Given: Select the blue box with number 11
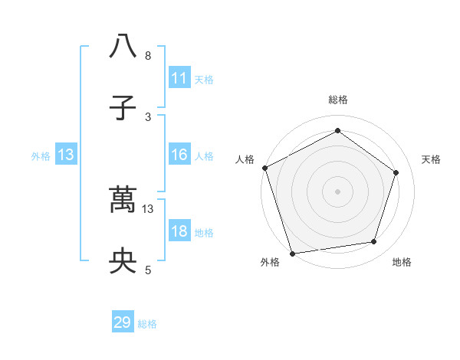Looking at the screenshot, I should (x=179, y=78).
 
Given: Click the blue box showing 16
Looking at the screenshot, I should (x=179, y=155).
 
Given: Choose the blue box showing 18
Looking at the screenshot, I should (x=179, y=232).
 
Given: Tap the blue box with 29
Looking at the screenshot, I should (x=123, y=323).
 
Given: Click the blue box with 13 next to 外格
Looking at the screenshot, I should (x=66, y=155).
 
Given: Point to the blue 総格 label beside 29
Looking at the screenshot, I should (x=147, y=324).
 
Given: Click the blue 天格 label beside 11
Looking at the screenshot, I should (x=204, y=79).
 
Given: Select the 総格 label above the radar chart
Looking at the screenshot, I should (x=338, y=100).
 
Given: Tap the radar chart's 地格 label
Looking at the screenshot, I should (x=402, y=262).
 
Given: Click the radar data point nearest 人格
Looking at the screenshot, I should (x=264, y=168).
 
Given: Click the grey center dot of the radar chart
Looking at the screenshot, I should (x=338, y=191).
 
